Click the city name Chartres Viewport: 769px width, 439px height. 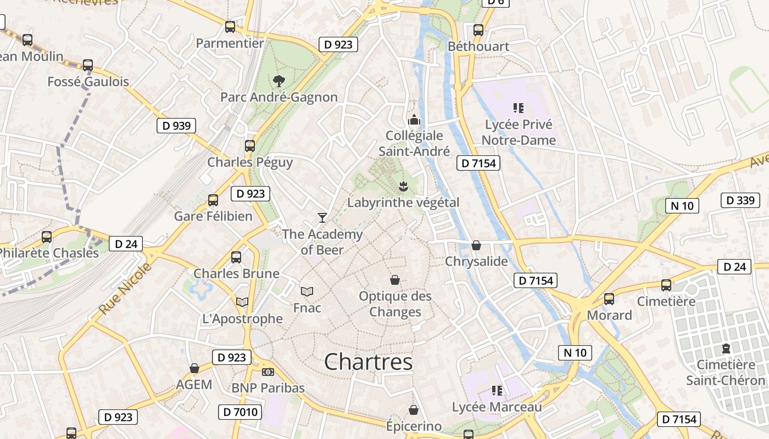368,362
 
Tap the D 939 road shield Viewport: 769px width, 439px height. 176,126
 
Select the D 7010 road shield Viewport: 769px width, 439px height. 240,412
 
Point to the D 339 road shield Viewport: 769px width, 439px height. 740,200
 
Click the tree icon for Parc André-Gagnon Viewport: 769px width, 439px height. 278,81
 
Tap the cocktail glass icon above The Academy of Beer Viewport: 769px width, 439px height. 322,218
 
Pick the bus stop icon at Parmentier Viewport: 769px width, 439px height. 230,26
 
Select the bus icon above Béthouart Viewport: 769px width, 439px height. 478,30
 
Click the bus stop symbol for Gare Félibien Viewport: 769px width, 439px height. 213,200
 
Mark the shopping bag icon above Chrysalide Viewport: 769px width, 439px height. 476,245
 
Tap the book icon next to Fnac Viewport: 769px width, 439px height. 307,291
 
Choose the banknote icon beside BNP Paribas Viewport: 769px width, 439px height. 268,372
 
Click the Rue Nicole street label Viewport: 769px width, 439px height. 125,289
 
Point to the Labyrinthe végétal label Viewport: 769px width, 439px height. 403,202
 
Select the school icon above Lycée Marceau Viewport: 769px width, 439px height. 497,391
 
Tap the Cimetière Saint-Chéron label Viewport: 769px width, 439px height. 726,373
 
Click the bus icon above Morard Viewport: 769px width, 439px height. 609,299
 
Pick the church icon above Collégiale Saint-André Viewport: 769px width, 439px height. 414,119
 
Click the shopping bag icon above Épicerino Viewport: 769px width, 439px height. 414,410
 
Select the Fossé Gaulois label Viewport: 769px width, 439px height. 88,82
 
